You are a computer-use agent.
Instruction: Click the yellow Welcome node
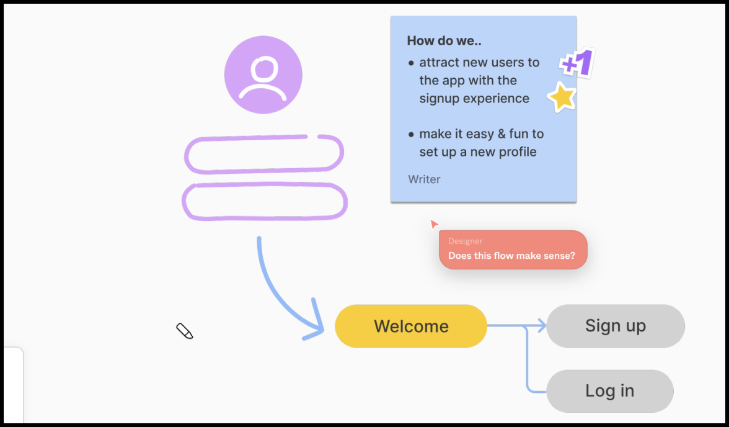[410, 326]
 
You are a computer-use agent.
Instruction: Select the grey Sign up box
[615, 326]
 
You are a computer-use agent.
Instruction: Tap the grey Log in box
[609, 391]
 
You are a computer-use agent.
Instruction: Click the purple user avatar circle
[263, 75]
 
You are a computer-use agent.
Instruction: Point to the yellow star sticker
[562, 97]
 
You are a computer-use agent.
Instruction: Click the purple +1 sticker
[577, 63]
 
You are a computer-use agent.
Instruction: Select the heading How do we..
[444, 41]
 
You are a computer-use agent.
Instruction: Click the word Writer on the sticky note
[424, 179]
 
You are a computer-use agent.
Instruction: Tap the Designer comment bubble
[513, 249]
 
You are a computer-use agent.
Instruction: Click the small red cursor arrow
[434, 223]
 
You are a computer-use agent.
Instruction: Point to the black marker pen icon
[185, 331]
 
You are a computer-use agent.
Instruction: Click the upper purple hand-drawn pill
[264, 154]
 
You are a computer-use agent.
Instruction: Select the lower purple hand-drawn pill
[265, 202]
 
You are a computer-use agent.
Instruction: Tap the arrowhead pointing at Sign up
[542, 326]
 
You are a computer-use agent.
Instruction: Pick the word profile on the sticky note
[514, 152]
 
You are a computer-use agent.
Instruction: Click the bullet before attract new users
[412, 63]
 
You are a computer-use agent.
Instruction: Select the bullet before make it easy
[412, 134]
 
